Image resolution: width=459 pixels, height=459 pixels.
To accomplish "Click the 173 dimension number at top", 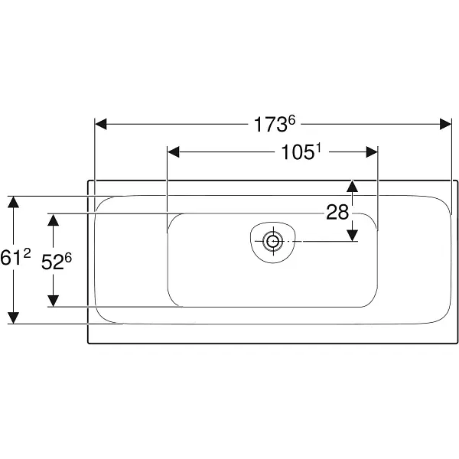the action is [270, 125].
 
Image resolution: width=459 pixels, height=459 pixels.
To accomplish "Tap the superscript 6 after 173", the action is [292, 120].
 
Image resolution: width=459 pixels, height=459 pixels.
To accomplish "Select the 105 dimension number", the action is [298, 152].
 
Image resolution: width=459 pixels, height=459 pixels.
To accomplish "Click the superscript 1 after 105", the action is [318, 148].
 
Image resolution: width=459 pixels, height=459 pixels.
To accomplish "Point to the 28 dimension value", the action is [337, 212].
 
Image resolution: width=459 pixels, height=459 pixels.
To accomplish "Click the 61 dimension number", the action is [11, 258].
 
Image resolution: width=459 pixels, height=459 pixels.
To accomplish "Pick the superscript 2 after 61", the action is [27, 253].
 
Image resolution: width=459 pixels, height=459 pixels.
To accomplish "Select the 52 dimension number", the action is [52, 262].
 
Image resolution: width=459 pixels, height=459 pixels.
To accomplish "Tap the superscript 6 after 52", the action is [68, 258].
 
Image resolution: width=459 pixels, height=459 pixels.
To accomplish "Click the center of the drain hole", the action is [273, 241].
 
